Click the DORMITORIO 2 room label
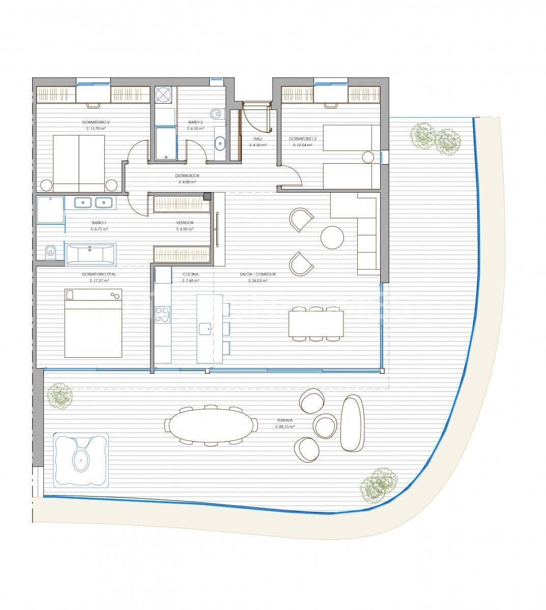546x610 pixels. click(x=96, y=123)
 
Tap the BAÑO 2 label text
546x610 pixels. click(x=195, y=123)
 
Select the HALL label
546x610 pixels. click(x=257, y=139)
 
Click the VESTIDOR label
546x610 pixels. click(x=185, y=223)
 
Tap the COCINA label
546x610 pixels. click(x=191, y=274)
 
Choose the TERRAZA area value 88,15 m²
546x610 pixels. click(x=285, y=427)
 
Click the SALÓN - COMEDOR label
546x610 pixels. click(x=258, y=274)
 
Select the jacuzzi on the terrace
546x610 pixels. click(x=81, y=460)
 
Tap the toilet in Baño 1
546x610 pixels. click(x=50, y=252)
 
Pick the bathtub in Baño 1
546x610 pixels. click(x=91, y=253)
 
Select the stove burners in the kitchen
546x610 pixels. click(x=163, y=314)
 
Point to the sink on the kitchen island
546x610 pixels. click(x=205, y=328)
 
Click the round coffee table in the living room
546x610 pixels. click(x=332, y=237)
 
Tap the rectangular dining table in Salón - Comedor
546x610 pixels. click(x=316, y=324)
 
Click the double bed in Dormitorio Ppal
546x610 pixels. click(x=93, y=323)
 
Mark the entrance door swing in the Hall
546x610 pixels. click(x=256, y=117)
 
